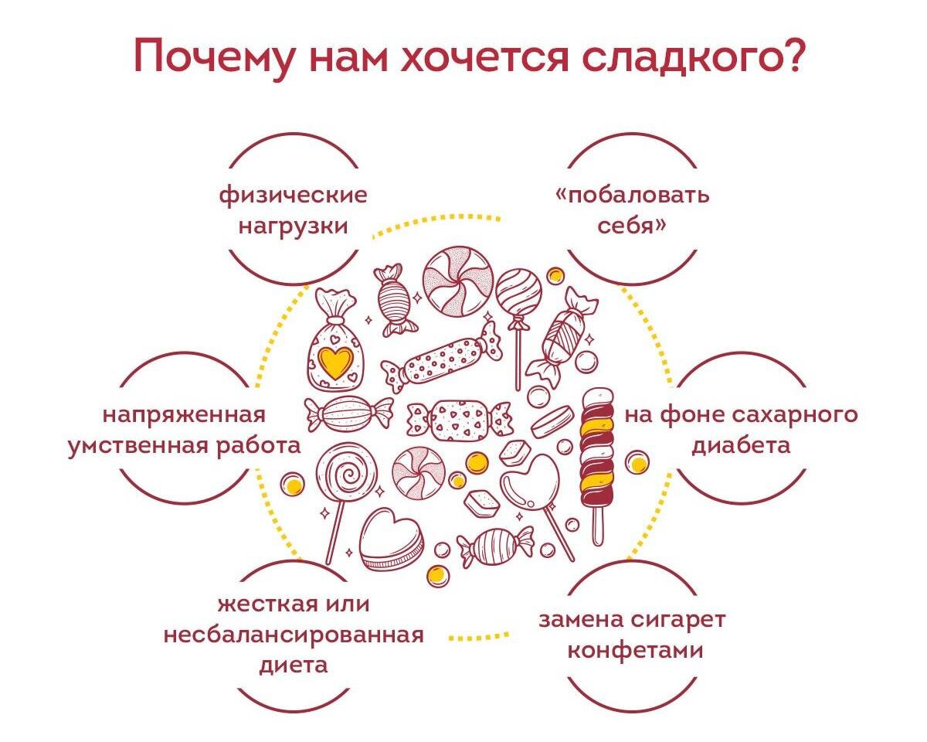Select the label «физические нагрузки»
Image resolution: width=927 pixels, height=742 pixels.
point(293,210)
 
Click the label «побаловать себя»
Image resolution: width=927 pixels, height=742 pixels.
point(632,210)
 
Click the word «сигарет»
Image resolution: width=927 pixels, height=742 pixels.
point(677,620)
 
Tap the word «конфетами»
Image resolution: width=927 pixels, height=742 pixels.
point(635,651)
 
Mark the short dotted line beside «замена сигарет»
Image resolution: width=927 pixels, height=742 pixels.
point(479,637)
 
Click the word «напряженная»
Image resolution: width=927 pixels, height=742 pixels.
point(184,415)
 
